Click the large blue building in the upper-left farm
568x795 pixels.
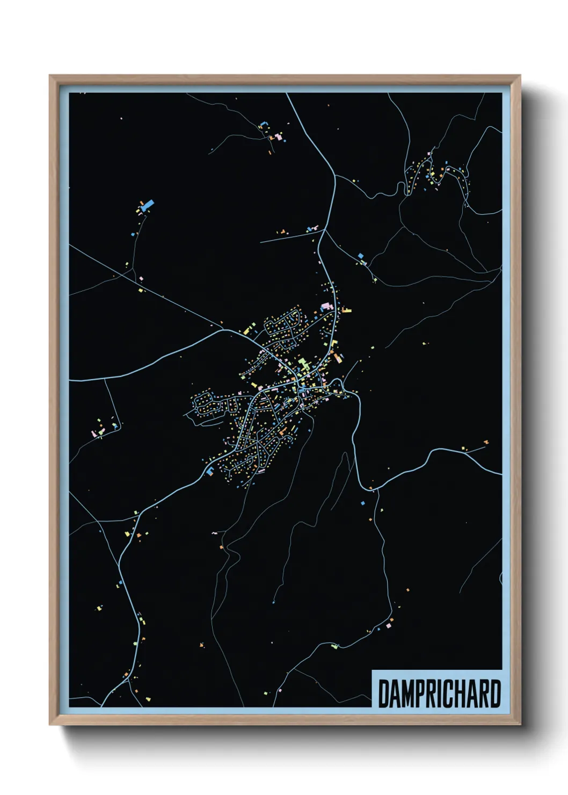[147, 205]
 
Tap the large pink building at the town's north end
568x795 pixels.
[325, 306]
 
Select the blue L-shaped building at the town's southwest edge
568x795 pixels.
[209, 471]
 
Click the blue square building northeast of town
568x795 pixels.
[361, 256]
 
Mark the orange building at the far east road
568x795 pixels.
[486, 442]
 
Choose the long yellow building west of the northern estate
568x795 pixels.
[250, 327]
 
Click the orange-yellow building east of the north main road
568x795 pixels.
[347, 310]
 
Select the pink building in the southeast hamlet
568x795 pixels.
[388, 626]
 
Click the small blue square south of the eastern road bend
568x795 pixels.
[362, 503]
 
